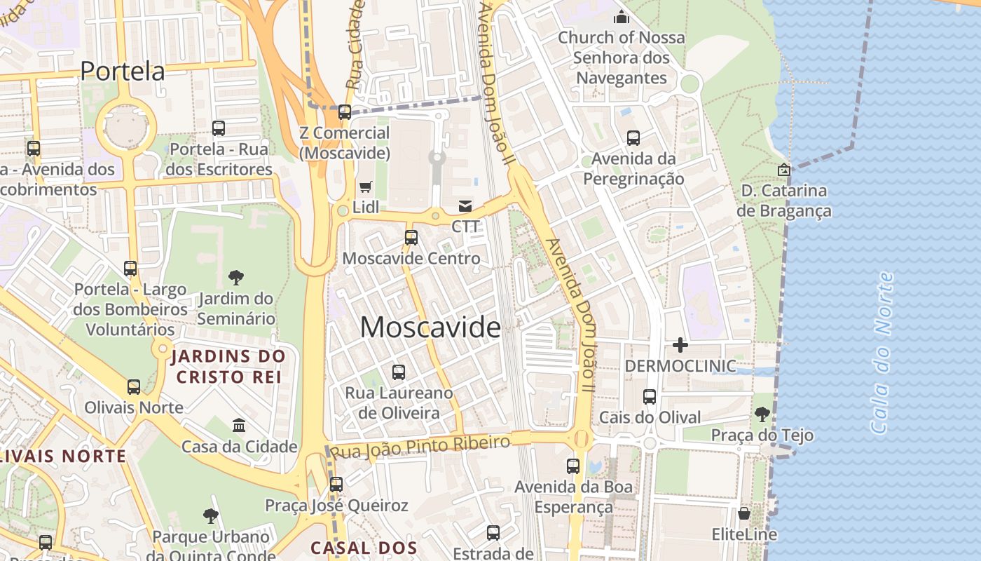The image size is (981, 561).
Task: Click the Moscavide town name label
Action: coord(430,327)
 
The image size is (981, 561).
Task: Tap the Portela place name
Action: coord(123,71)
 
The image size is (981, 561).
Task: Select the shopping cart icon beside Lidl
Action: coord(365,187)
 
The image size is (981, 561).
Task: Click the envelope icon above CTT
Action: coord(465,206)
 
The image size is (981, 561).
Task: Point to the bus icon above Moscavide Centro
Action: coord(411,237)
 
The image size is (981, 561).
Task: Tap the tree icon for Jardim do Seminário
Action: coord(236,278)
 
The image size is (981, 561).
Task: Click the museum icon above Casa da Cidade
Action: coord(239,426)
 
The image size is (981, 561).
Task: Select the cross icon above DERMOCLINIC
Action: coord(680,345)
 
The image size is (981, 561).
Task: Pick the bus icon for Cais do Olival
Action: coord(650,397)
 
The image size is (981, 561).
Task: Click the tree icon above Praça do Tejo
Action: coord(762,414)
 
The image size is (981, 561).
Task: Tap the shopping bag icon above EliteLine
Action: coord(744,513)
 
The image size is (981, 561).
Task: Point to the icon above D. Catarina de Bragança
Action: coord(784,170)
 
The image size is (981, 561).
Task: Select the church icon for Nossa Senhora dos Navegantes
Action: coord(621,17)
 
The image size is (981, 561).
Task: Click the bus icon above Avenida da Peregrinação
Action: coord(633,138)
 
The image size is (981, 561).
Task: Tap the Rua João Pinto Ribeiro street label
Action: coord(420,447)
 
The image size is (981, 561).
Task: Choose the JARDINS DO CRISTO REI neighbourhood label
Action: coord(228,367)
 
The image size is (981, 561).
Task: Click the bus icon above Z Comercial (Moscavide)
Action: coord(344,112)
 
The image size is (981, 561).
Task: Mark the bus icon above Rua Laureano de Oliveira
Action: coord(399,372)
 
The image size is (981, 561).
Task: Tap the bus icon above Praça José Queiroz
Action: coord(336,484)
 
